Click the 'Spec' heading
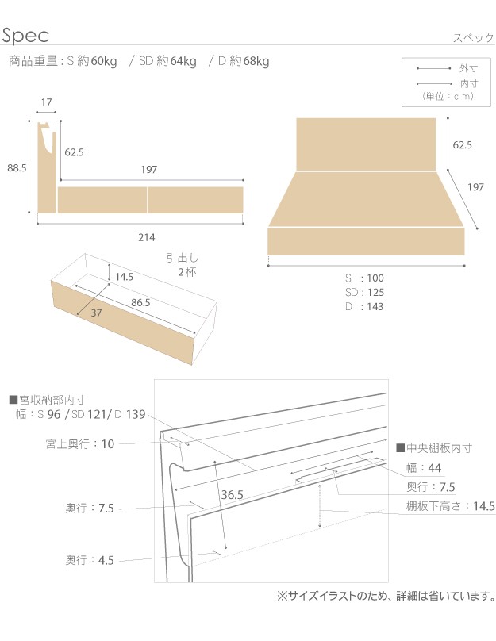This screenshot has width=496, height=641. pos(25,36)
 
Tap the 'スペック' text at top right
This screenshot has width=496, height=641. pos(474,38)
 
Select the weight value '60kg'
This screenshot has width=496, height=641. pos(104,61)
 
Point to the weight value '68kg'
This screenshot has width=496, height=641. pos(256,61)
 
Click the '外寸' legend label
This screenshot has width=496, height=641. pos(468,69)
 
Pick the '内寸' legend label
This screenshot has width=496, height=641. pos(468,84)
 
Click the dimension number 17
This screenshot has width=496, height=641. pos(46,102)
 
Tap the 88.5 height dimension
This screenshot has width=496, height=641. pos(17,167)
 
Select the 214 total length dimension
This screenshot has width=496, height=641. pos(146,237)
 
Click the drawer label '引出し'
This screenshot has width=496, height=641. pos(183,258)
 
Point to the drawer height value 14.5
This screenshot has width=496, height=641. pos(124,277)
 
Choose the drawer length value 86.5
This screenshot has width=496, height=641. pos(140,302)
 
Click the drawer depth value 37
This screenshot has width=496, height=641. pos(96,313)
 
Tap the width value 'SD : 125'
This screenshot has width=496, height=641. pos(364,292)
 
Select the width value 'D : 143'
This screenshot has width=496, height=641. pos(364,306)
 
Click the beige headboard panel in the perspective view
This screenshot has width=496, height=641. pos(366,144)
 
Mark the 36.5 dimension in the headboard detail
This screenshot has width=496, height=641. pos(233,495)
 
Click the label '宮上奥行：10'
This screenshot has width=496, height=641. pos(80,444)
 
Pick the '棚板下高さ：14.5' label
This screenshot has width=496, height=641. pos(450,506)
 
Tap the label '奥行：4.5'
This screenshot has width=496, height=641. pos(90,560)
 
